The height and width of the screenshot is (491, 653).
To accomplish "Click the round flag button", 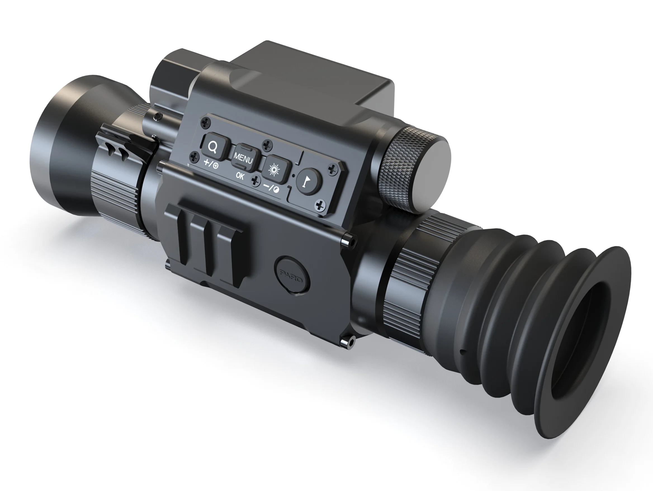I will (x=309, y=181).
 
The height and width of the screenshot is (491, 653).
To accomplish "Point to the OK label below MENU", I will (x=240, y=176).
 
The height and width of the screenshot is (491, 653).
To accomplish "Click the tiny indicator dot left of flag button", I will (x=293, y=175).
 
